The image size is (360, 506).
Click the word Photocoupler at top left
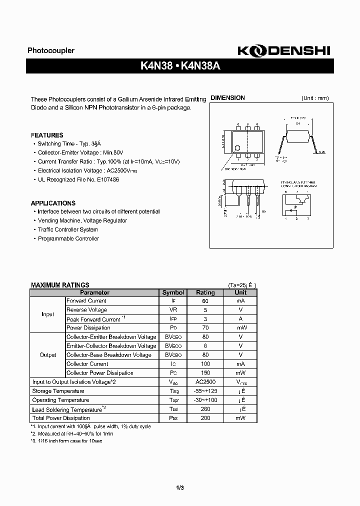click(50, 50)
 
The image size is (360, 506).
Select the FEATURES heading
click(47, 135)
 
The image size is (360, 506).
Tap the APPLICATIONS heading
click(53, 203)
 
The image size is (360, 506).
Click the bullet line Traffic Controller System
click(67, 229)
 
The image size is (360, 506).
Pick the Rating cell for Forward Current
click(205, 301)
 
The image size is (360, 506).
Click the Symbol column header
click(173, 292)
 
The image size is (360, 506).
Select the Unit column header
click(240, 292)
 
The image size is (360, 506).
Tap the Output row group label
click(48, 355)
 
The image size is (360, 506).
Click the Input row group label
click(48, 314)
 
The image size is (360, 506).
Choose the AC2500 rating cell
click(205, 382)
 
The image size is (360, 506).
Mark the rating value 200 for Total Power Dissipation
click(205, 418)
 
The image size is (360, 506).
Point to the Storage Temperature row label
click(58, 391)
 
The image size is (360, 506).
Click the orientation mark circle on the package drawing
click(238, 147)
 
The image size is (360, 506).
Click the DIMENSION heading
click(227, 98)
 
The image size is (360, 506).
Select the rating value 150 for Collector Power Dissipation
click(205, 373)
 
